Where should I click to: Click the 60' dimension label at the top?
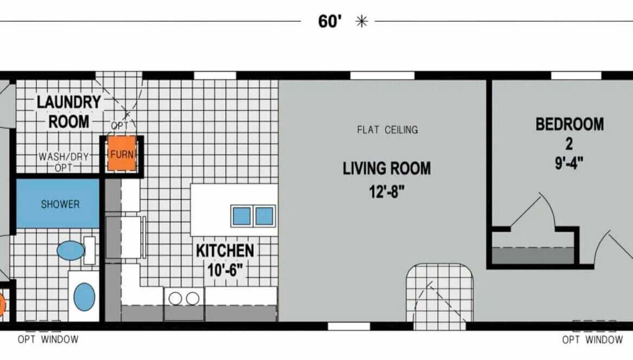pos(330,22)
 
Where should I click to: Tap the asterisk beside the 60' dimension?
pos(362,22)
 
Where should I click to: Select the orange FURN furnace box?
pos(122,154)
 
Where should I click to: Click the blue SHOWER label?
pos(60,204)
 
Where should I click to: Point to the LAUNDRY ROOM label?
pos(69,112)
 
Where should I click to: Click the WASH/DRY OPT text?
pos(64,162)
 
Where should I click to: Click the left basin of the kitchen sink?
pos(242,216)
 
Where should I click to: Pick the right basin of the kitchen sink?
pos(265,216)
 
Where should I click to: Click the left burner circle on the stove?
pos(175,299)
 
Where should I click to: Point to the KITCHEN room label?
pos(225,251)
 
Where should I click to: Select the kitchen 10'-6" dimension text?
pos(225,270)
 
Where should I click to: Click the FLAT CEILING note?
pos(387,130)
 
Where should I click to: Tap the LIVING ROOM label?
pos(387,168)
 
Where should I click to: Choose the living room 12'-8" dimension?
pos(387,192)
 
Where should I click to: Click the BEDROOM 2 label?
pos(570,134)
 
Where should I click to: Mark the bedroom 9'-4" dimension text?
pos(569,163)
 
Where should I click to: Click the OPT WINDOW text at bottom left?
pos(48,339)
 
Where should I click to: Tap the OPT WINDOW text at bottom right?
pos(592,340)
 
